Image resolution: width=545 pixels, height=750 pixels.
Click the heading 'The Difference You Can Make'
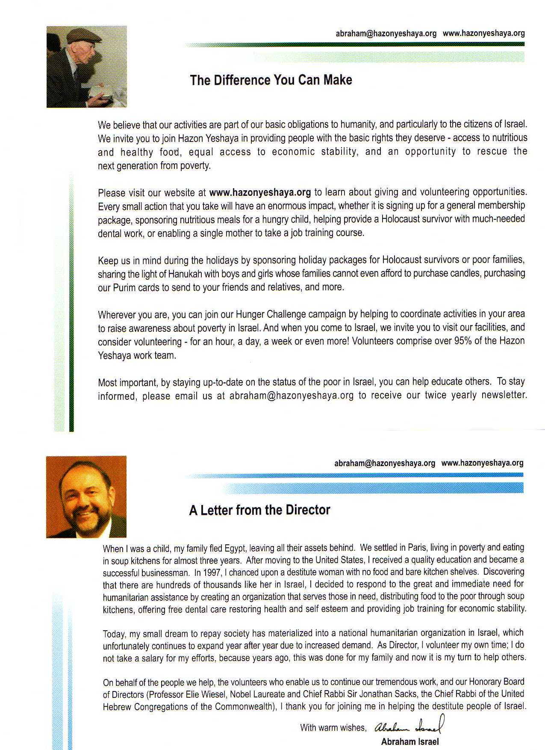271,80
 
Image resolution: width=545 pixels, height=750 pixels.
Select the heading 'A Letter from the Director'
259,510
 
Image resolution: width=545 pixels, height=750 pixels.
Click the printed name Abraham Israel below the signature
409,742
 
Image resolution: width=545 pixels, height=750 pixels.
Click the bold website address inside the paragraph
260,192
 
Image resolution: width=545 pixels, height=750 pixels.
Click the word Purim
124,287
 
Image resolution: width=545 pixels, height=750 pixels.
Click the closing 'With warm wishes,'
333,728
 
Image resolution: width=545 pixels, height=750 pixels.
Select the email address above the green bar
386,33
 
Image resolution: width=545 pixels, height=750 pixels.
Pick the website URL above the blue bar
482,463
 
